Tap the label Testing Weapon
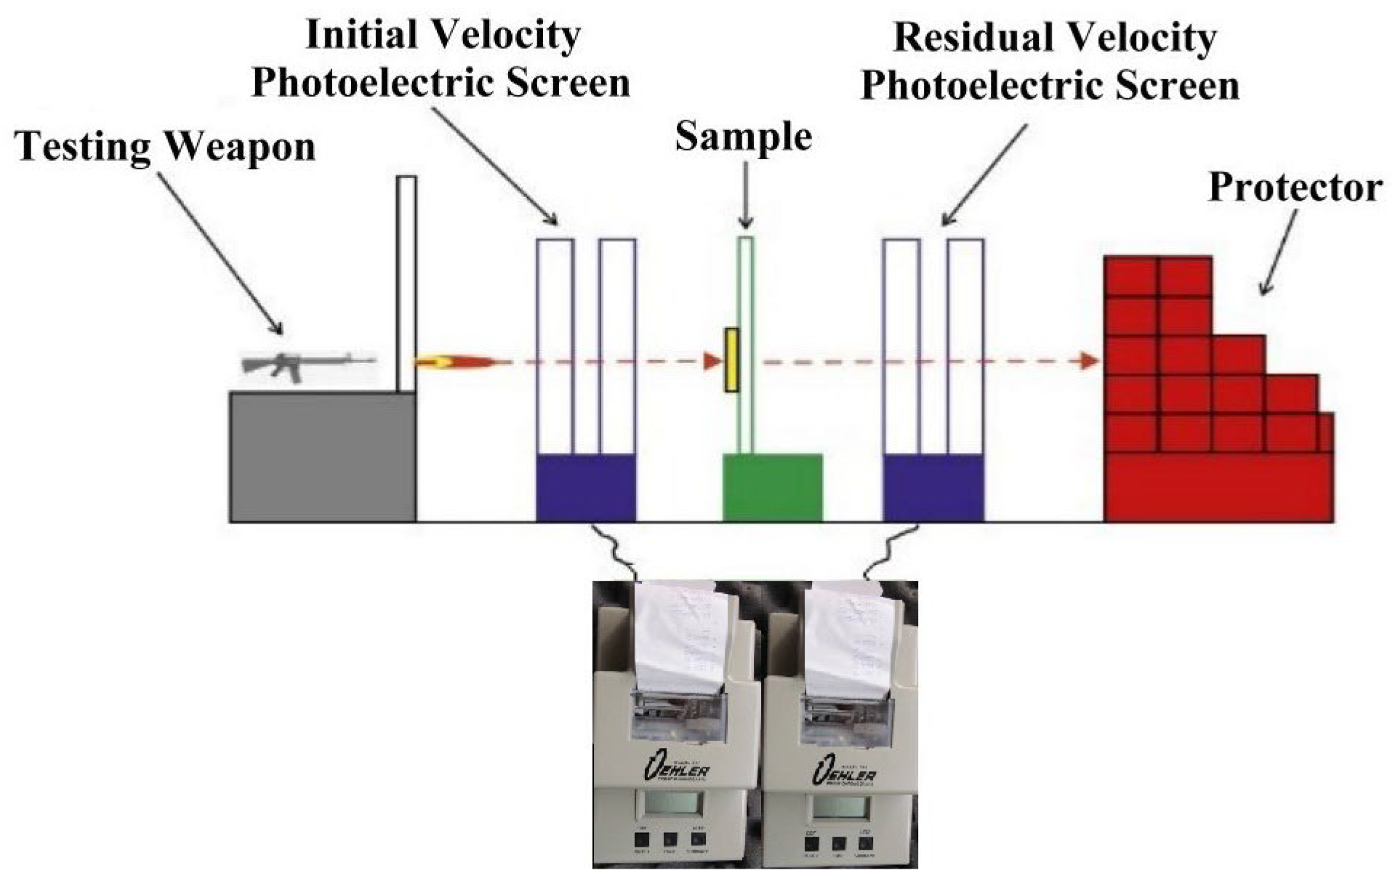166,146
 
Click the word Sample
743,137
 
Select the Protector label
1295,188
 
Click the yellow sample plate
731,361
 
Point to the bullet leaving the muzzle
458,361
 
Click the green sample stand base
772,488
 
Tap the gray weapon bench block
322,456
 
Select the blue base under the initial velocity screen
586,488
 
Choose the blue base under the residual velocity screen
933,488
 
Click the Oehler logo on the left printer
676,768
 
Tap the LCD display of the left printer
669,805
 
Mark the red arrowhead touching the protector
1089,361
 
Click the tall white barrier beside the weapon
406,283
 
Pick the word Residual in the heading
960,38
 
